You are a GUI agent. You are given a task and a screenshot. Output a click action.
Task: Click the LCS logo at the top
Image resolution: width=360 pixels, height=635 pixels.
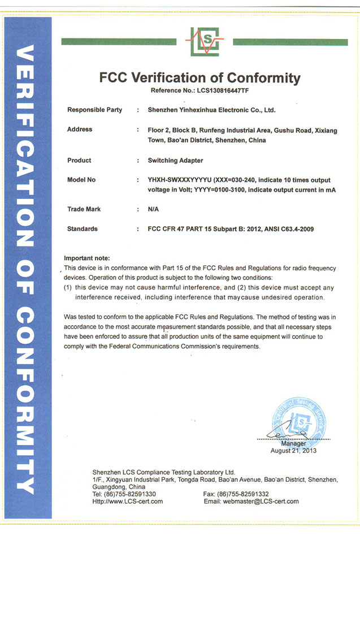(x=204, y=41)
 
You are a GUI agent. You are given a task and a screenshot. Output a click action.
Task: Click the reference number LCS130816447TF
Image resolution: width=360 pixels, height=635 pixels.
(x=222, y=90)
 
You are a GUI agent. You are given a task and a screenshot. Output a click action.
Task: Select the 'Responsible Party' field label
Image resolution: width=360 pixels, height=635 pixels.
(x=94, y=110)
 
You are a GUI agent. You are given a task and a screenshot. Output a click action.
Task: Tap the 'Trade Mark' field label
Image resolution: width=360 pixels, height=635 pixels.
(x=84, y=209)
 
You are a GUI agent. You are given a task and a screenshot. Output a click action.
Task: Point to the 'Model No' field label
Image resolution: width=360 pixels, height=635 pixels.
(x=81, y=180)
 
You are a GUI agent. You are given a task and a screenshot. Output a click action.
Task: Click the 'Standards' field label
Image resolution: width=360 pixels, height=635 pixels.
(x=83, y=229)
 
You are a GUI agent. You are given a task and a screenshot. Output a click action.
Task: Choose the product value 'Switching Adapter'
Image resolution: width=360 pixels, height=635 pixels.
(x=175, y=161)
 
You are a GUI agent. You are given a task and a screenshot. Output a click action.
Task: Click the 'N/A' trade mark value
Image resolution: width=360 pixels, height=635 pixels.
(x=153, y=209)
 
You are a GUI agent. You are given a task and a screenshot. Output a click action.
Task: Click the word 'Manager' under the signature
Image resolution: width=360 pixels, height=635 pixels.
(x=293, y=444)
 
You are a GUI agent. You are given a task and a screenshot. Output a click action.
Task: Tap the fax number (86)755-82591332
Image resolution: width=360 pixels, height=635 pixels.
(x=244, y=494)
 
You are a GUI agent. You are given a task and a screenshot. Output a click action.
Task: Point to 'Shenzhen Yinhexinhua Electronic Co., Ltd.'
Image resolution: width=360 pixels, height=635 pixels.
(x=211, y=110)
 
